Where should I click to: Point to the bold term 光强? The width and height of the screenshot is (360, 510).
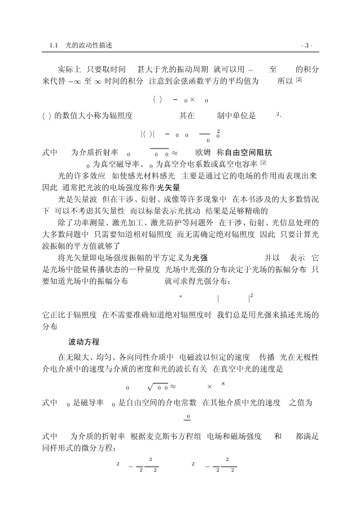(200, 256)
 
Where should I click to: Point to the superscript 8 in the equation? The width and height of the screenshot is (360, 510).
(223, 383)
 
